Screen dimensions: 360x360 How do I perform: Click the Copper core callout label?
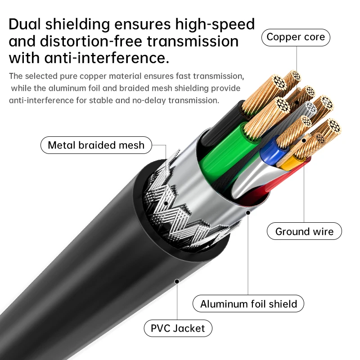pos(296,37)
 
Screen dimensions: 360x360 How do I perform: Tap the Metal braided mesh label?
pos(96,145)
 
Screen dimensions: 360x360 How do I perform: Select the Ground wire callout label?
pos(304,231)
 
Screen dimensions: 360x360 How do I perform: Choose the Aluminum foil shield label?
pos(248,303)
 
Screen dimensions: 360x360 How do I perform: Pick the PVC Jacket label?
pos(178,328)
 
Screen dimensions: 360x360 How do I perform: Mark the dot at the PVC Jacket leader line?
pos(177,281)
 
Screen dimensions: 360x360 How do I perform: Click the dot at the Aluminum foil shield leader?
pos(248,213)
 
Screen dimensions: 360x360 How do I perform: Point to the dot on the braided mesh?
pos(166,203)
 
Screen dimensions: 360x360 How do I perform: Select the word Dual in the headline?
pos(25,24)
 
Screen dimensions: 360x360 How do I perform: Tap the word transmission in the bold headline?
pos(193,41)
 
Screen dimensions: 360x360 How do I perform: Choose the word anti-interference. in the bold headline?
pos(107,58)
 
